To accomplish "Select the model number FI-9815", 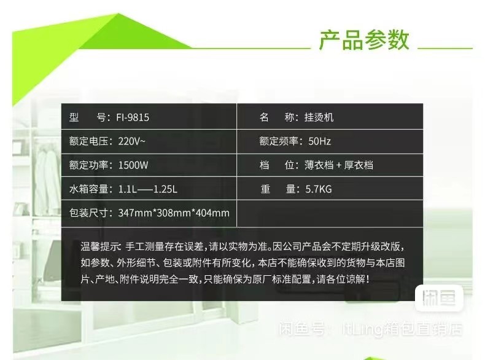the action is pyautogui.click(x=133, y=117).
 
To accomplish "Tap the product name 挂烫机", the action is pyautogui.click(x=319, y=117).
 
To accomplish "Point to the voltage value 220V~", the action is pyautogui.click(x=131, y=141).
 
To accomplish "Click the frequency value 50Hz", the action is pyautogui.click(x=319, y=141).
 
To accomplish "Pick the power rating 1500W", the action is pyautogui.click(x=133, y=165).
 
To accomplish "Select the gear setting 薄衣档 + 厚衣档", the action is pyautogui.click(x=339, y=165).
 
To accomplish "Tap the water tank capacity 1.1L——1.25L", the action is pyautogui.click(x=148, y=189).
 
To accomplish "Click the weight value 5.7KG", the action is pyautogui.click(x=319, y=189).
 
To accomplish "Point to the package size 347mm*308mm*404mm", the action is pyautogui.click(x=174, y=213).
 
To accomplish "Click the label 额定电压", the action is pyautogui.click(x=89, y=141).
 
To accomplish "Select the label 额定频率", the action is pyautogui.click(x=279, y=141).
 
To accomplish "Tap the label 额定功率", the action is pyautogui.click(x=89, y=165).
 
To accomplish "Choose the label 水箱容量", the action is pyautogui.click(x=89, y=189).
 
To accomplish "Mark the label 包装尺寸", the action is pyautogui.click(x=89, y=213).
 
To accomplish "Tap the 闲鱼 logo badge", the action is pyautogui.click(x=439, y=298).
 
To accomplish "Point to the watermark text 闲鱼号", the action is pyautogui.click(x=302, y=329).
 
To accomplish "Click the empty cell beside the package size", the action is pyautogui.click(x=330, y=213).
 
